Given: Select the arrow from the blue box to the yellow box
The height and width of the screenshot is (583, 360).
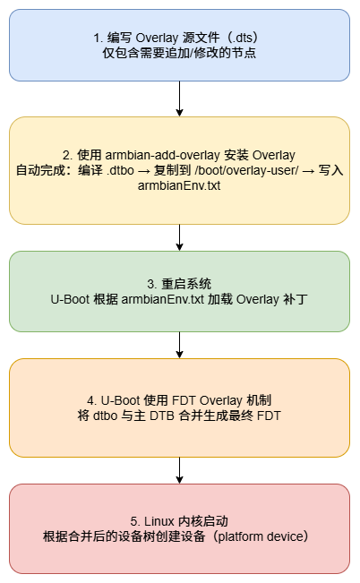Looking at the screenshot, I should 180,99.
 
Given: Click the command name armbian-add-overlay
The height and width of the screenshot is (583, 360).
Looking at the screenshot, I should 149,154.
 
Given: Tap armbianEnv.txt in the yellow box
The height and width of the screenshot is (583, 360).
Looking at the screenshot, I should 180,186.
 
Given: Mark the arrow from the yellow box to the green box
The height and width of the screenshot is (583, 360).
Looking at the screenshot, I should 180,237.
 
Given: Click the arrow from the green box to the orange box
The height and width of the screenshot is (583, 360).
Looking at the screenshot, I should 180,345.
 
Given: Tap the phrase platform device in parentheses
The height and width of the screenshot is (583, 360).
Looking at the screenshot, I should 261,537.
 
